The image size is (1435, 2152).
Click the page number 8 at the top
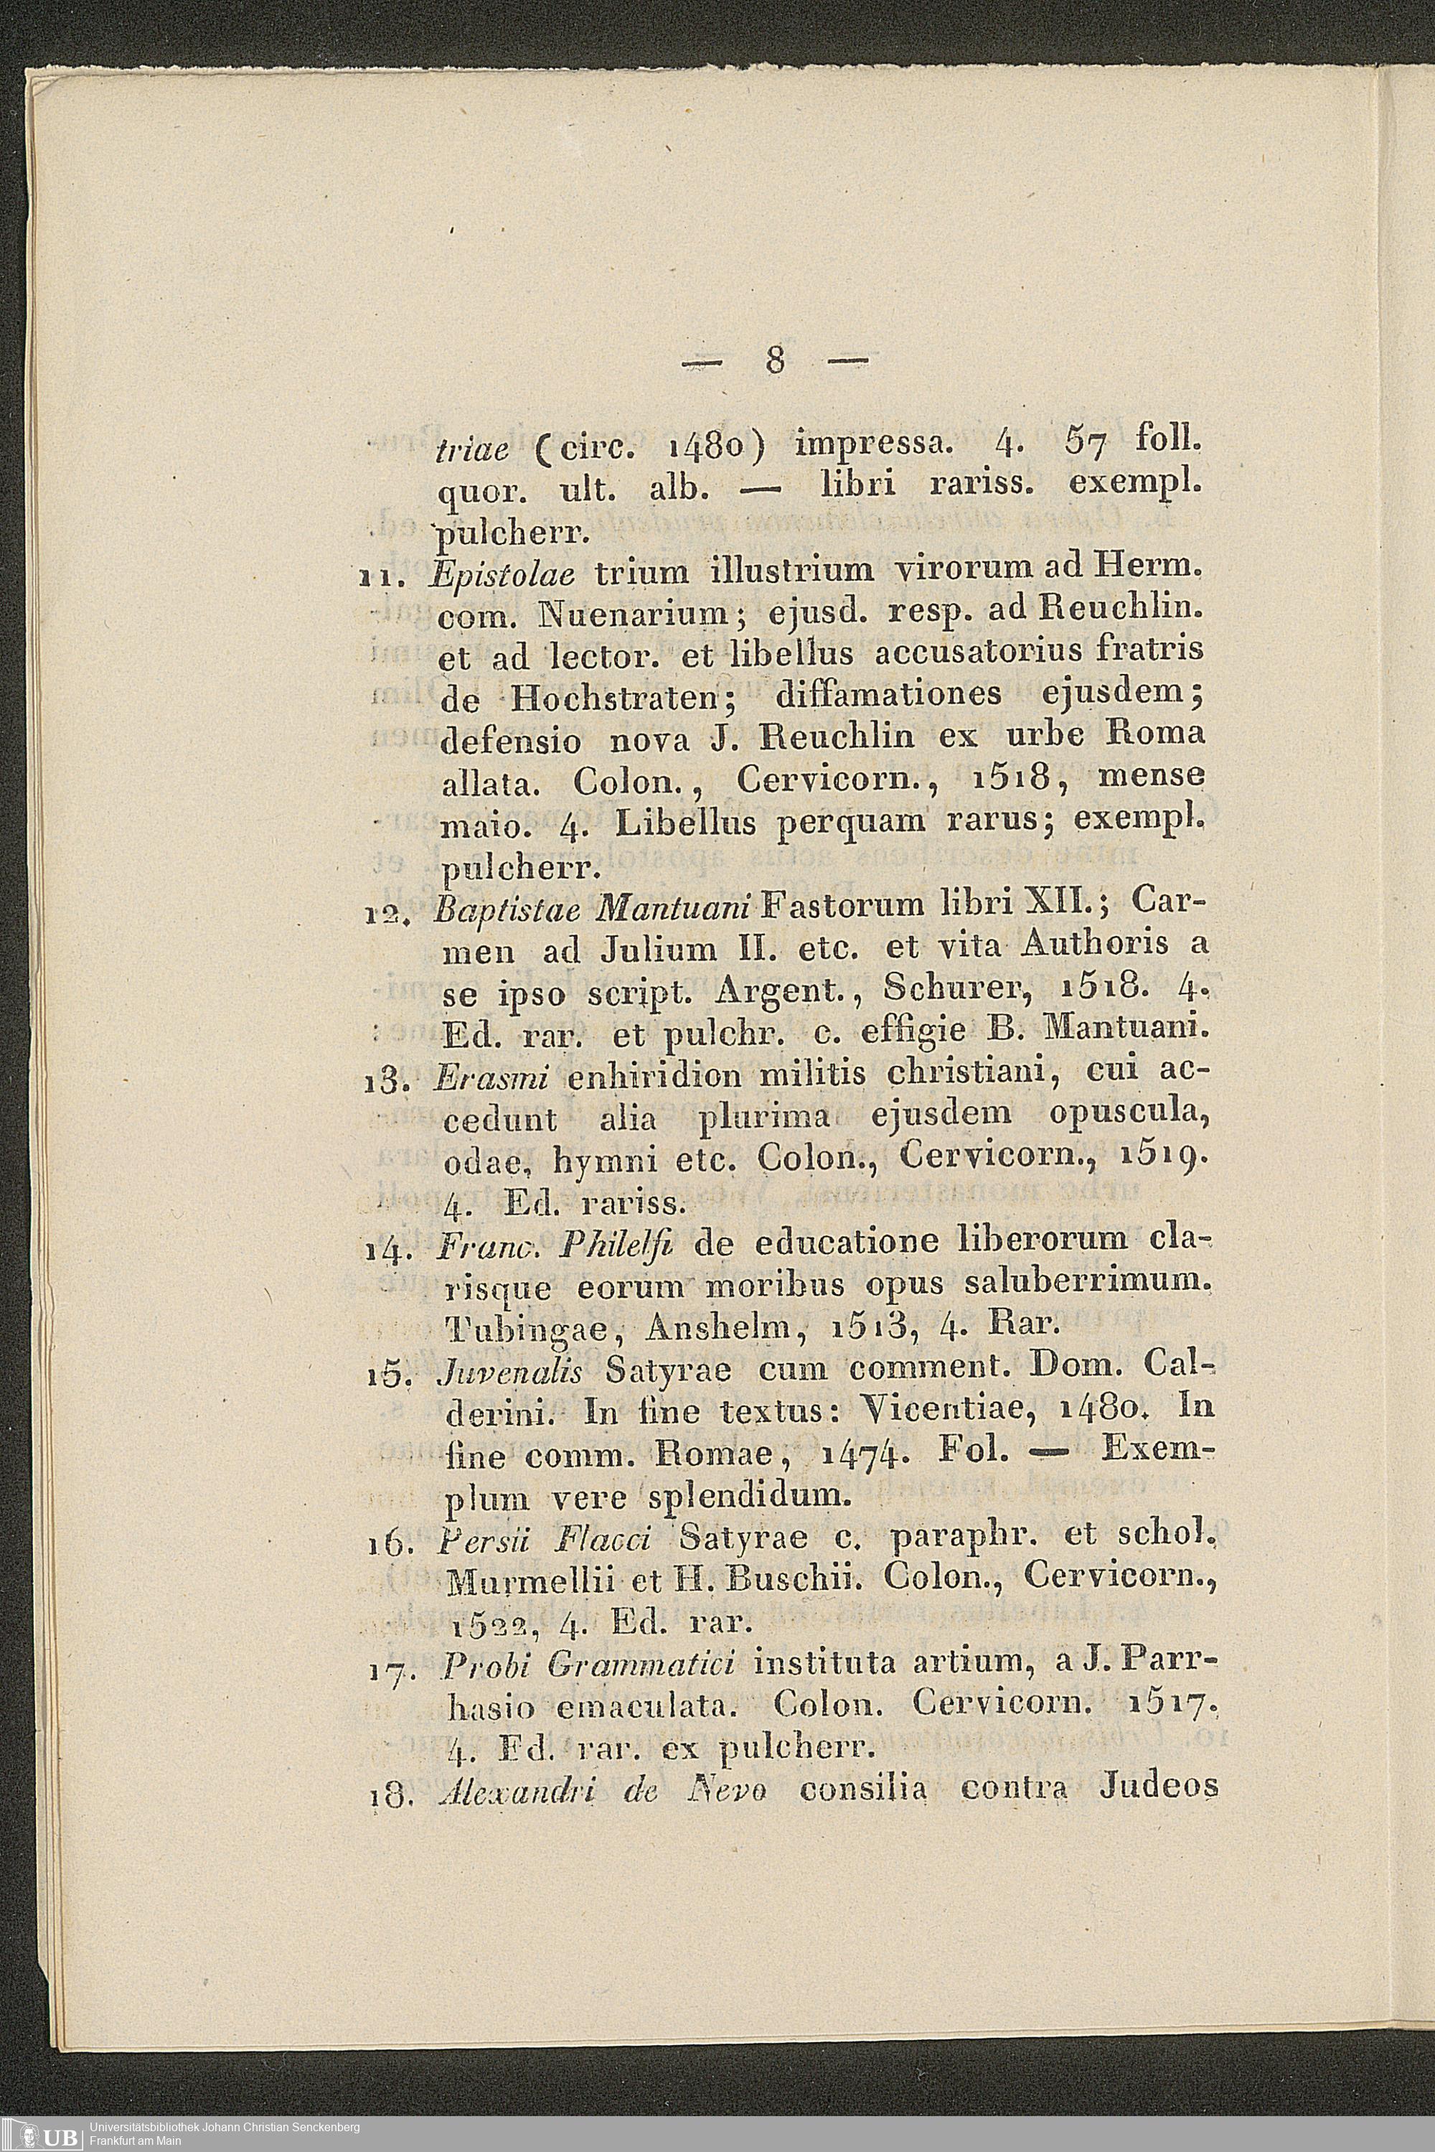point(775,362)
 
